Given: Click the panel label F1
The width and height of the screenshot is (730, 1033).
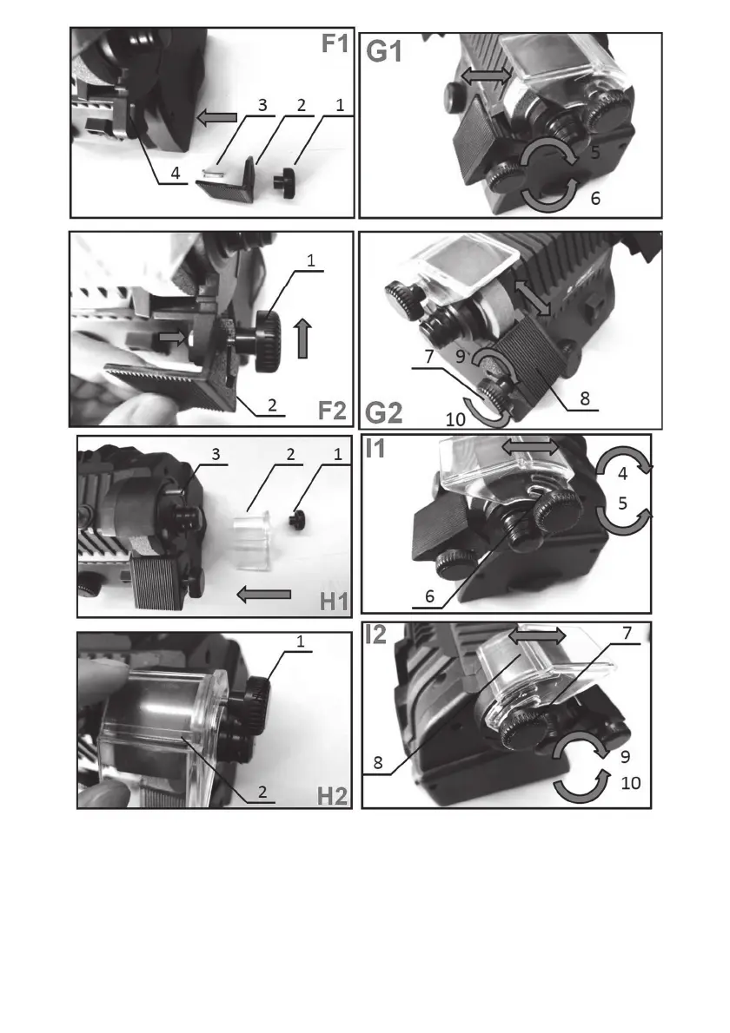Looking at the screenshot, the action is pos(335,43).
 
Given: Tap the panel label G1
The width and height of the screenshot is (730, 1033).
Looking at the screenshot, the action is pos(384,51).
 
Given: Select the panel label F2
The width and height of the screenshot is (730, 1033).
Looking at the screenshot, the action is pos(332,410).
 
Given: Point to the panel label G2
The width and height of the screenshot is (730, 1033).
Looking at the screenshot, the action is pos(383,413).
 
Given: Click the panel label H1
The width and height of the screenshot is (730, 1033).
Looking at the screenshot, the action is pos(335,602).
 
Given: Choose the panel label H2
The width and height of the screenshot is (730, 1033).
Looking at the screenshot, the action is pos(332,796).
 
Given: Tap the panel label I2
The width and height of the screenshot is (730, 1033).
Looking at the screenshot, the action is pos(376,635).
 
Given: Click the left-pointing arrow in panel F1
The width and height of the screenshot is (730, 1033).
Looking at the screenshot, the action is pos(217,117).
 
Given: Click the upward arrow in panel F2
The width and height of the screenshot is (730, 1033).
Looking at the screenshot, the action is pos(302,338).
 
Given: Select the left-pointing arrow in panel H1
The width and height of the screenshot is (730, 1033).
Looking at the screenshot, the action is pos(264,595).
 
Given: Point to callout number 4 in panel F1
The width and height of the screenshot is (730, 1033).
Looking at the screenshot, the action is pos(176,174).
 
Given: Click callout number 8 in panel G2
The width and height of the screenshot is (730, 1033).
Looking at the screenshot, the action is pos(585,398).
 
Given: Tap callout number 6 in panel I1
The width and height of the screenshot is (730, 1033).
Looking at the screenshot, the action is pos(429,596).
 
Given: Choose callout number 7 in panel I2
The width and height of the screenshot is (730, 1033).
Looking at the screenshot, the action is pos(627,633).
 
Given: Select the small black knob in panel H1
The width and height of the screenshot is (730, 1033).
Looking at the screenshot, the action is pos(296,520).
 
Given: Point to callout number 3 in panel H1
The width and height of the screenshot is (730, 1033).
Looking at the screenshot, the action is pos(216,454).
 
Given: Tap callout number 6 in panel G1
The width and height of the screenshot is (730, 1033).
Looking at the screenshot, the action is pos(595,198).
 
